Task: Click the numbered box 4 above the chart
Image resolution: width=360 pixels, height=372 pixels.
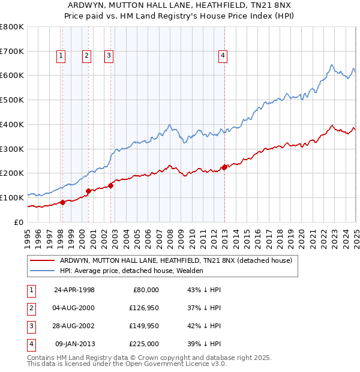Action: click(223, 56)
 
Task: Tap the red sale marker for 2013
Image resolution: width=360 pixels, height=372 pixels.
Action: click(224, 167)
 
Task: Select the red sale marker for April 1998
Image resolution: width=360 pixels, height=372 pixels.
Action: click(62, 202)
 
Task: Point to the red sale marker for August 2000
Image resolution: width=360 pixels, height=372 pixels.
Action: click(88, 191)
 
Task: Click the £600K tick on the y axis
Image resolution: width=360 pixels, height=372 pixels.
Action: click(12, 76)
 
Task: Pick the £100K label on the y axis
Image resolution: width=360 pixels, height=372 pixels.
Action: click(12, 197)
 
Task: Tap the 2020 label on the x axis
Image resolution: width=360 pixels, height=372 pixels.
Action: click(301, 238)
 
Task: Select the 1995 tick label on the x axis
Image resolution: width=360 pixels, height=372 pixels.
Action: click(28, 238)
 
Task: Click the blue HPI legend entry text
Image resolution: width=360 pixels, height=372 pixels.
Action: click(131, 271)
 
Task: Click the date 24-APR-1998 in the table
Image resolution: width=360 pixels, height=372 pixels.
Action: click(74, 290)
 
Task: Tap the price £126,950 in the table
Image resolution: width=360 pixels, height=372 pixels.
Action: click(143, 308)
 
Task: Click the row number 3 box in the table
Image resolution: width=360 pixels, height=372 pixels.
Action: click(31, 326)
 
